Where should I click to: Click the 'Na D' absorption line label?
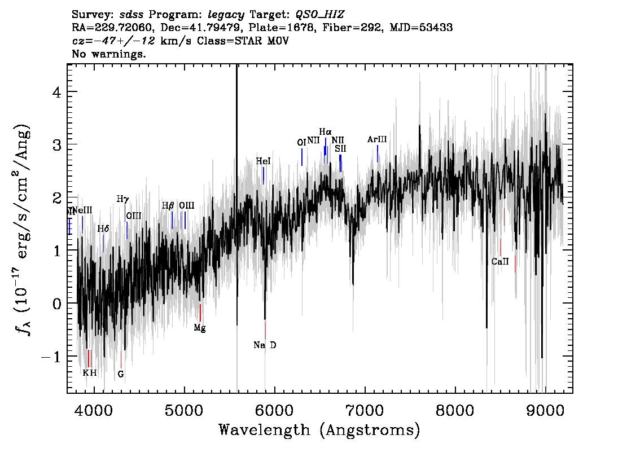(x=265, y=345)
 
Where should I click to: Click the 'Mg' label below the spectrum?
(x=200, y=328)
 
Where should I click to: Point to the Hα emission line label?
(x=325, y=132)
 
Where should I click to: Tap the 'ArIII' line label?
(x=377, y=139)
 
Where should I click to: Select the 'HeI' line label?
(x=263, y=161)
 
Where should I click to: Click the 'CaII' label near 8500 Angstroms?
(x=500, y=262)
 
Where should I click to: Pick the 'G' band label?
(x=121, y=373)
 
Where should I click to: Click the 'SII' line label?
(x=340, y=149)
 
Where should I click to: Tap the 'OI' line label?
(x=301, y=143)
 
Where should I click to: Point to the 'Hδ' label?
(x=103, y=229)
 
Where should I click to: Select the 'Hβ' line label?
(x=168, y=206)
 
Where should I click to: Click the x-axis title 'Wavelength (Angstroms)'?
(x=319, y=430)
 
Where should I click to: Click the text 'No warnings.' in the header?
(x=109, y=54)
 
